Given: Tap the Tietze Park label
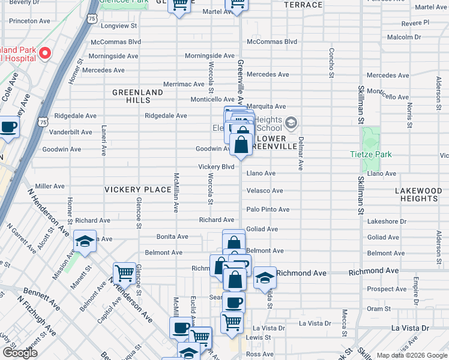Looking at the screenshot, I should pos(370,154).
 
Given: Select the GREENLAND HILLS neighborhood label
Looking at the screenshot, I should pos(137,97).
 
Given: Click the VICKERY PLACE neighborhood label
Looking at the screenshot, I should pos(138,190).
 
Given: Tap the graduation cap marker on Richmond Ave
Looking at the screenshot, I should pos(265,278).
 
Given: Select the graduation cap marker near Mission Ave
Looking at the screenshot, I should pos(85,242).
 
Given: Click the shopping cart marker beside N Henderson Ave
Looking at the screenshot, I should pos(124,273).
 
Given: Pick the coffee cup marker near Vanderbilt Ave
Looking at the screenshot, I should pos(8,127).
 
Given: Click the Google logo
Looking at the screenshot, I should pos(19,353).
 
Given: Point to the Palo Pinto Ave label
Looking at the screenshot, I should pos(268,209).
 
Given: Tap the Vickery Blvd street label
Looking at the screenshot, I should pos(216,167).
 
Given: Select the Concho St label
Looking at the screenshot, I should pos(331,63).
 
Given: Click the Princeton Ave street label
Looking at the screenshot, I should pos(29,20).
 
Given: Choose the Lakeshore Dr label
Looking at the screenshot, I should pos(387,221).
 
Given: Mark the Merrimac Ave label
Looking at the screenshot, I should pos(184,85).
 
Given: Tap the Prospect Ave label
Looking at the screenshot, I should pos(387,289).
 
